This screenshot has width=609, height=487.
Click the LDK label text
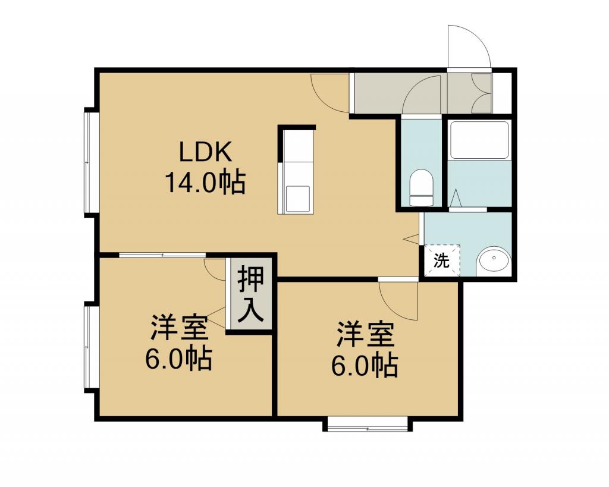pyautogui.click(x=205, y=152)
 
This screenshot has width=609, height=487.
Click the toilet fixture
pyautogui.click(x=422, y=187)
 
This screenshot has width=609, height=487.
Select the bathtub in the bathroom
pyautogui.click(x=479, y=140)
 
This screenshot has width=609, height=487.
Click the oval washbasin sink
pyautogui.click(x=494, y=258)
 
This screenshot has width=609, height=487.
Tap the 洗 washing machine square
pyautogui.click(x=442, y=260)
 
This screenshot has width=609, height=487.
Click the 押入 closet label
pyautogui.click(x=250, y=294)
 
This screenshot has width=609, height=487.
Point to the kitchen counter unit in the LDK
pyautogui.click(x=297, y=169)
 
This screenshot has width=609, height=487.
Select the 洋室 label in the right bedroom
pyautogui.click(x=366, y=334)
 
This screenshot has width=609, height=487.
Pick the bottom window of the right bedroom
pyautogui.click(x=368, y=424)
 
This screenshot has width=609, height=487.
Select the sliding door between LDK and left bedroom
pyautogui.click(x=162, y=255)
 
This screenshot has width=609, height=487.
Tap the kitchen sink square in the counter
pyautogui.click(x=298, y=199)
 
